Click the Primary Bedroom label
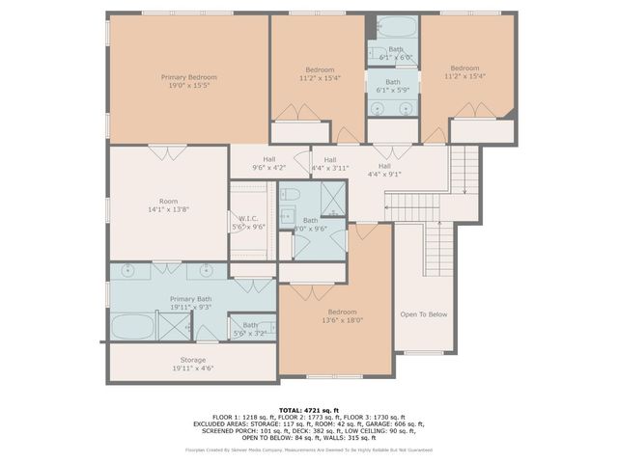coord(188,77)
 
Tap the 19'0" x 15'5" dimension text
coord(188,86)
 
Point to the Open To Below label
coord(423,314)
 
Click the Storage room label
coord(188,360)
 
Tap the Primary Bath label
coord(189,299)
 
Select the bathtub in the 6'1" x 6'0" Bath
coord(392,25)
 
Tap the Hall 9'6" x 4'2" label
coord(268,164)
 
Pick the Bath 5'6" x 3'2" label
coord(250,329)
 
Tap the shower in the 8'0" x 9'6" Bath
coord(331,200)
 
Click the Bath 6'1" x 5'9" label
coord(392,86)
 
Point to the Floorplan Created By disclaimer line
coord(308,450)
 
